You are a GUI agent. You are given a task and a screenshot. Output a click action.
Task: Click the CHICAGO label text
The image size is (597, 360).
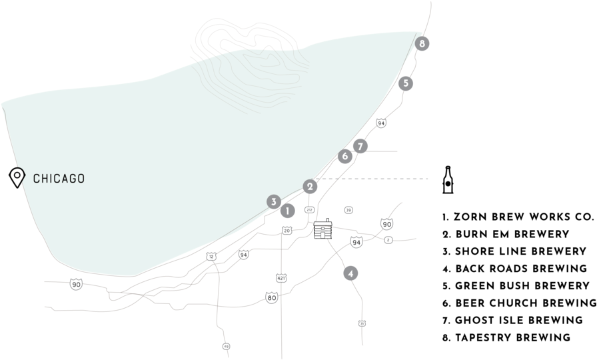pyautogui.click(x=59, y=179)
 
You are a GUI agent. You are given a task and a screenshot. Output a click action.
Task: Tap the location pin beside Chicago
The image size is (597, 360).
pyautogui.click(x=17, y=177)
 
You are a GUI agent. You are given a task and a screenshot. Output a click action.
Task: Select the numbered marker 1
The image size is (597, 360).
pyautogui.click(x=287, y=211)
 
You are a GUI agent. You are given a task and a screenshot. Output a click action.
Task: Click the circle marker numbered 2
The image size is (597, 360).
pyautogui.click(x=310, y=186)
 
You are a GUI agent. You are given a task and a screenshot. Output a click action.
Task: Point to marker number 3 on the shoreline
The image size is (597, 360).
pyautogui.click(x=273, y=201)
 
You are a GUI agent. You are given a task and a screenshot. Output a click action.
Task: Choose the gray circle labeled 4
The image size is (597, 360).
pyautogui.click(x=350, y=273)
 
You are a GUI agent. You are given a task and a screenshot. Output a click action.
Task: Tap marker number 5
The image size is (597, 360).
pyautogui.click(x=405, y=83)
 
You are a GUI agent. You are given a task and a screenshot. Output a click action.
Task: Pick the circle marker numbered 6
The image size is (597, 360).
pyautogui.click(x=344, y=156)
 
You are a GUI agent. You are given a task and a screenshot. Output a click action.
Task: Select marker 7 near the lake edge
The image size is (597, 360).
pyautogui.click(x=360, y=146)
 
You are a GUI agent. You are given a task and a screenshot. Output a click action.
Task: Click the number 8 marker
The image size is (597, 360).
pyautogui.click(x=421, y=44)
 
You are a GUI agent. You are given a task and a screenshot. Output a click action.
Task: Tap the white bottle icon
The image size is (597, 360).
pyautogui.click(x=448, y=181)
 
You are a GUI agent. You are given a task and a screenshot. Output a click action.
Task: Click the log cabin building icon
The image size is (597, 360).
pyautogui.click(x=323, y=229)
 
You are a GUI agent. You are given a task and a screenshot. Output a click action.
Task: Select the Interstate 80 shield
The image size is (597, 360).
pyautogui.click(x=271, y=297)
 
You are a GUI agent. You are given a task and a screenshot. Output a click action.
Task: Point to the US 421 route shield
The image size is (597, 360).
pyautogui.click(x=281, y=277)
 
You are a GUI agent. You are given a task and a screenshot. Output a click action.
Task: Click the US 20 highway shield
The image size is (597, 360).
pyautogui.click(x=287, y=231)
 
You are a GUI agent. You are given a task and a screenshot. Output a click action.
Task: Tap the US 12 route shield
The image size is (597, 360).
pyautogui.click(x=211, y=257)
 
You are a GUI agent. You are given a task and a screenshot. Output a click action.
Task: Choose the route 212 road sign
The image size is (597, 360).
pyautogui.click(x=309, y=210)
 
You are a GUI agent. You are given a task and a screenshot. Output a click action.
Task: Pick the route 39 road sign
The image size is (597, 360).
pyautogui.click(x=348, y=210)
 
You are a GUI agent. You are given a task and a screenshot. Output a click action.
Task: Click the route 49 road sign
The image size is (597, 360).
pyautogui.click(x=227, y=346)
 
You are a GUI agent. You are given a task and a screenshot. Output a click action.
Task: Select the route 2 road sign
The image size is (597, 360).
pyautogui.click(x=388, y=239)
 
